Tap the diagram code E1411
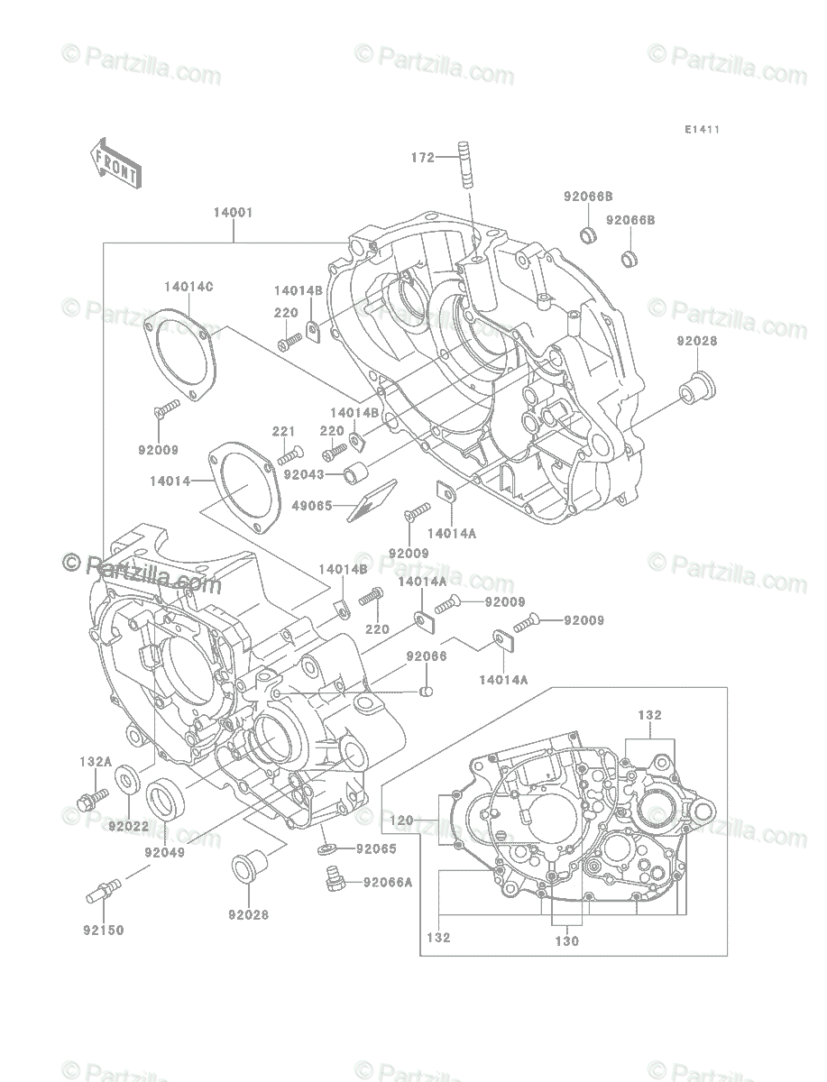702,130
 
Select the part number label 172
423,158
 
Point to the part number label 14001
233,213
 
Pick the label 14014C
188,287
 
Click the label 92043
304,474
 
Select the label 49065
312,506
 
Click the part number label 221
283,431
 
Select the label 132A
96,762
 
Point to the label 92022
129,826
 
